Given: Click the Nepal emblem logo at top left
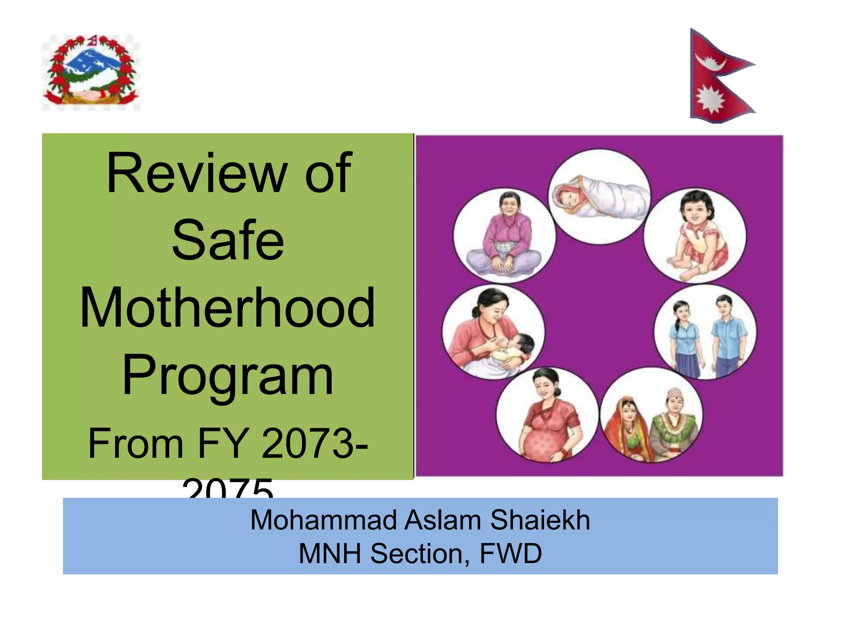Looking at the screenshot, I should [x=91, y=73].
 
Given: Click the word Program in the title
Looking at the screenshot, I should [x=228, y=376].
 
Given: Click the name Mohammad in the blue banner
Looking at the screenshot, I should [x=324, y=520].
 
